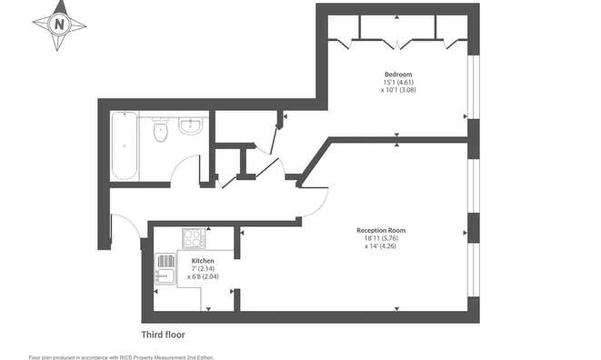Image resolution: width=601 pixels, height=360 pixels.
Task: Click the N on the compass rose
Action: pos(59,25)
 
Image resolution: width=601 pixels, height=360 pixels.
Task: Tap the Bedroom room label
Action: pos(398,75)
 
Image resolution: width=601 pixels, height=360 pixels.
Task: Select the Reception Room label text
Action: pos(381,230)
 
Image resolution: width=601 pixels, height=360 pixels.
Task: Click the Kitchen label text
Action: pos(203,261)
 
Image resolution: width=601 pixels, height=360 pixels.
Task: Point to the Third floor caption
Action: pos(164,335)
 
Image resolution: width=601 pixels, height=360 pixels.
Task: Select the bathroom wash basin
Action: pos(191,126)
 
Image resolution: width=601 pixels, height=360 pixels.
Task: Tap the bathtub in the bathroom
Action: pos(125,145)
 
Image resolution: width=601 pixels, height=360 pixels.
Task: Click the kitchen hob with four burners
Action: pos(194,238)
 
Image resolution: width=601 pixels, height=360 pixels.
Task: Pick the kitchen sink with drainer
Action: pos(165,269)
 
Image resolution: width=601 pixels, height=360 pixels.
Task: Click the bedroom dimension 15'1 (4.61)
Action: pos(398,82)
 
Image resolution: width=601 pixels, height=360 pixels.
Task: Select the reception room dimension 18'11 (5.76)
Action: pos(381,238)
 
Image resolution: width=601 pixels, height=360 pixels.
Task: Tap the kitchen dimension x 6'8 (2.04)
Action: pos(203,276)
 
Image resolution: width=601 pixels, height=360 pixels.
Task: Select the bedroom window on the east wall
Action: pos(474,86)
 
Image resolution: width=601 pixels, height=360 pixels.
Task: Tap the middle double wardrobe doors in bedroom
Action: pos(397,44)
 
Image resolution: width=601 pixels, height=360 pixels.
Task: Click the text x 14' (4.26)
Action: pos(381,246)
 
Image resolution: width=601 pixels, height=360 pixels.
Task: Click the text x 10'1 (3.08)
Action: pos(398,90)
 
